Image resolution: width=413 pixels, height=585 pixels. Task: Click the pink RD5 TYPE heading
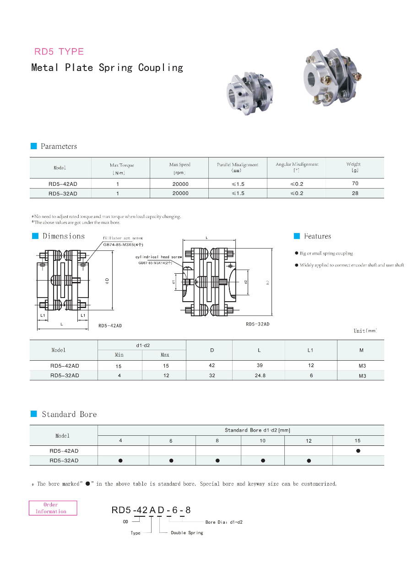tap(59, 52)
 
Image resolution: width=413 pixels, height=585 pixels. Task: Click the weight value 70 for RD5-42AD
tap(355, 183)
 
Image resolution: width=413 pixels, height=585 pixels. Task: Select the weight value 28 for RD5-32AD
tap(355, 193)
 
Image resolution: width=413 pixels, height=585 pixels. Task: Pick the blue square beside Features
tap(296, 236)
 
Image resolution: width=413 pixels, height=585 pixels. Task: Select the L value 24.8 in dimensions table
tap(260, 376)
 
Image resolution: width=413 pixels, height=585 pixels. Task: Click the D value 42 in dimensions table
tap(212, 366)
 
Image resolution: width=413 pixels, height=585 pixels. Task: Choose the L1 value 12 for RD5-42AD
tap(311, 366)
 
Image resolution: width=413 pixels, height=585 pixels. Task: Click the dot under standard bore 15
tap(358, 451)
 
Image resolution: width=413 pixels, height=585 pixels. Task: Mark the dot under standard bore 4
tap(120, 461)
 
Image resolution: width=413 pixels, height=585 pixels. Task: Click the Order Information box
tap(53, 508)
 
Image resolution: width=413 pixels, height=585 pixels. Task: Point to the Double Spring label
tap(187, 533)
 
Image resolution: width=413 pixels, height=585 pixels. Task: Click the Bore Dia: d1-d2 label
tap(224, 522)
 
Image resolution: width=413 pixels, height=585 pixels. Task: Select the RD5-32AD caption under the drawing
tap(257, 324)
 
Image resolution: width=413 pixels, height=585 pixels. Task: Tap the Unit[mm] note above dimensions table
tap(365, 331)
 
